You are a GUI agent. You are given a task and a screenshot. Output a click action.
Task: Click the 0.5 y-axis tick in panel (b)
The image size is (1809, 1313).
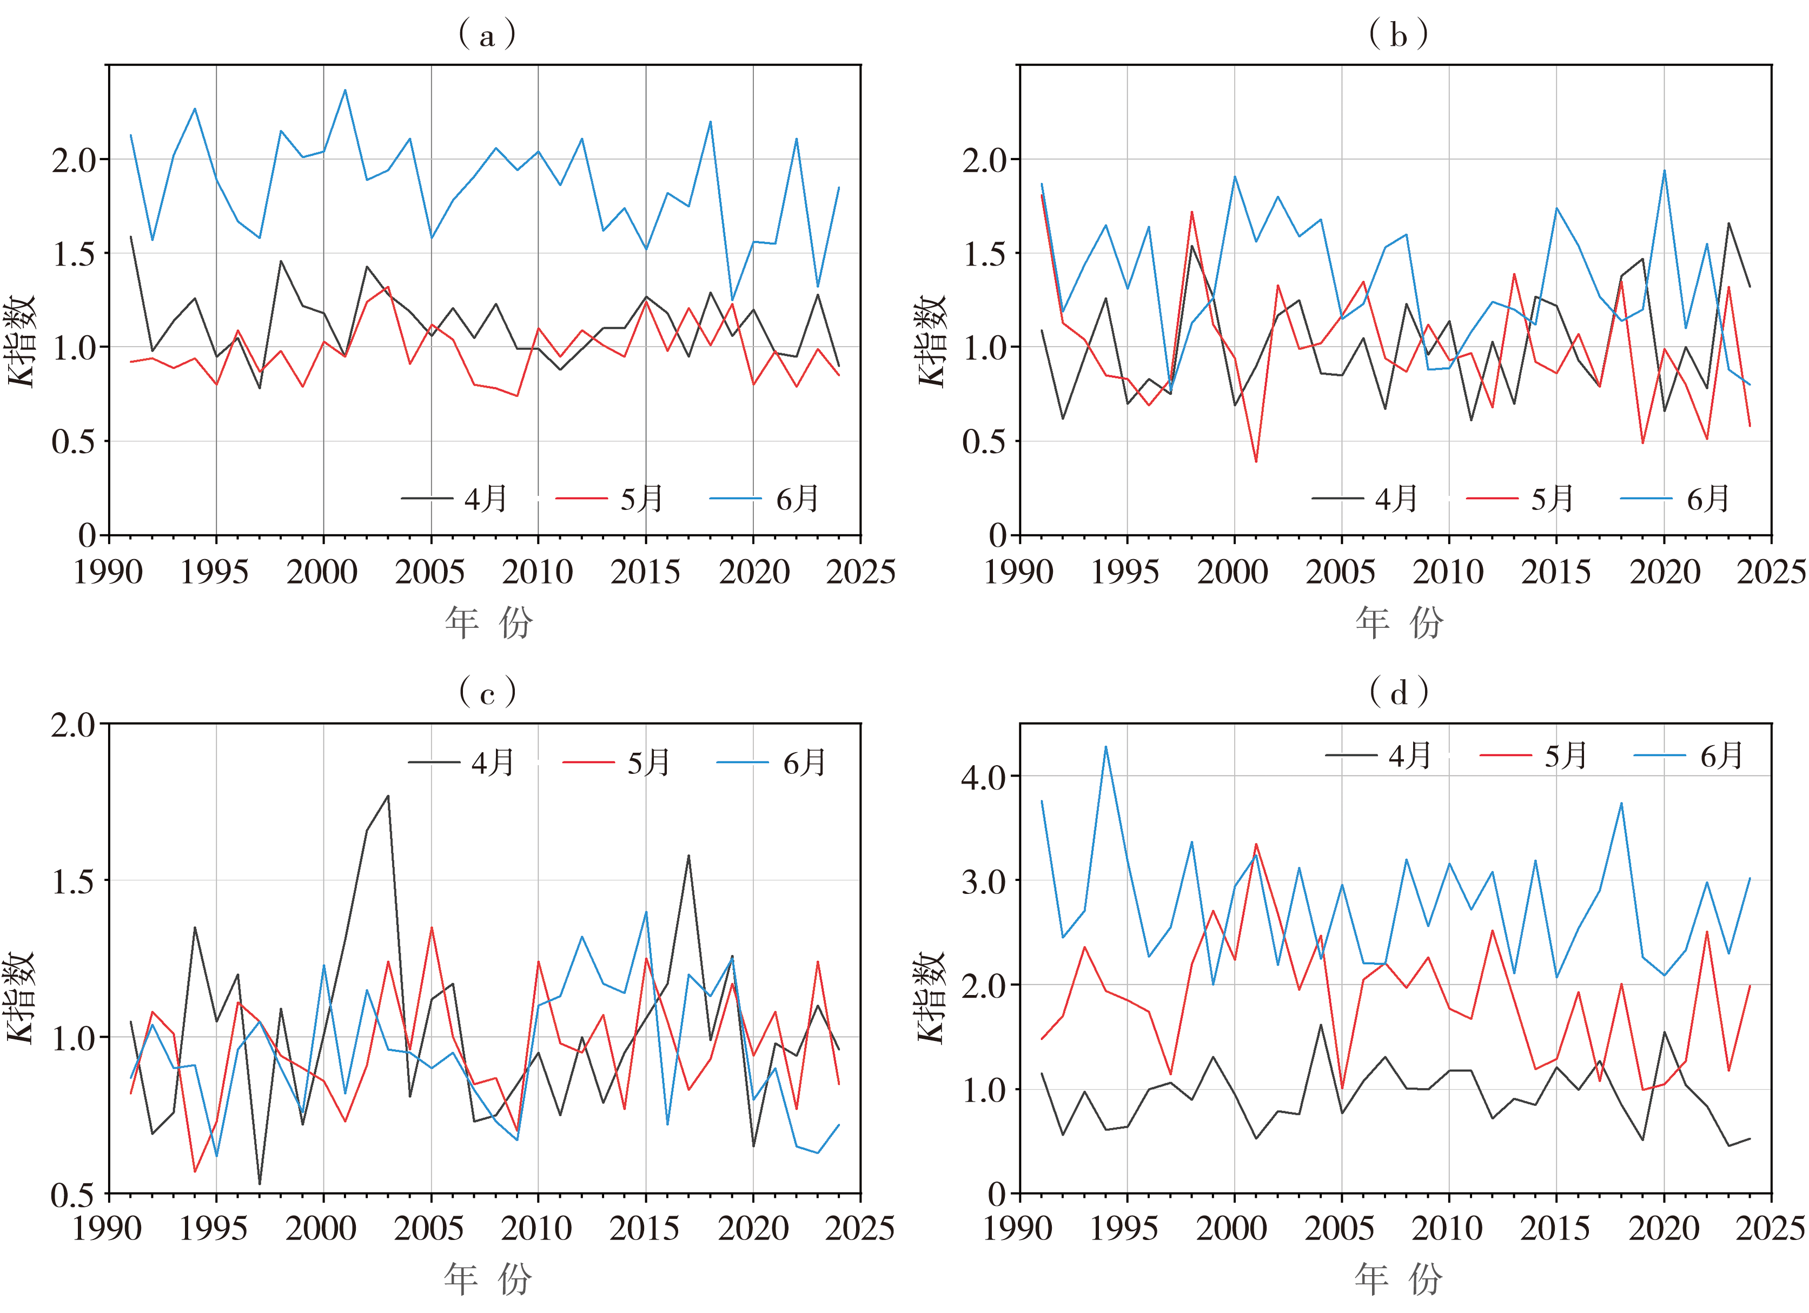click(x=984, y=441)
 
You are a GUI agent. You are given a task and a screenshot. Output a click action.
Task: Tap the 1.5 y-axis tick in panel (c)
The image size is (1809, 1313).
click(x=74, y=881)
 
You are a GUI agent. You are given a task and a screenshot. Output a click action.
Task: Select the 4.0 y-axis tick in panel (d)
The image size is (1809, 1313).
click(x=984, y=776)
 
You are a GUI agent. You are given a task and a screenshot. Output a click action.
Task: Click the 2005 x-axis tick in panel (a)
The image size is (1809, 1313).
click(x=430, y=572)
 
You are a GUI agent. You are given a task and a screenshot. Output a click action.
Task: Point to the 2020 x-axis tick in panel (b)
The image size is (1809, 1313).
click(x=1664, y=572)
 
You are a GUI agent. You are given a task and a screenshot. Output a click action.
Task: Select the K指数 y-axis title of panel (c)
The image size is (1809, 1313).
click(x=21, y=997)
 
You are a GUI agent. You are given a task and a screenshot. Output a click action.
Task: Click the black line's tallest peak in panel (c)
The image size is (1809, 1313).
click(x=388, y=795)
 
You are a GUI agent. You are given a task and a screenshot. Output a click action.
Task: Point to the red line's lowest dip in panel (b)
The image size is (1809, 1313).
click(x=1256, y=462)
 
